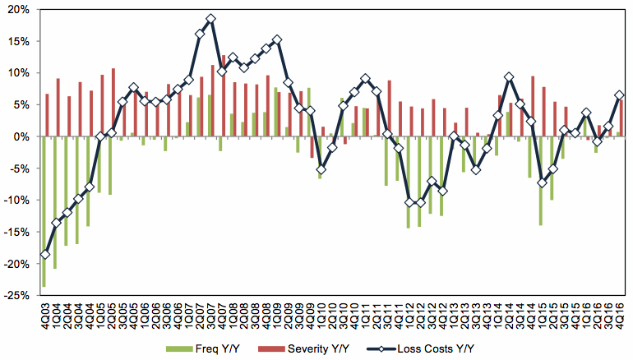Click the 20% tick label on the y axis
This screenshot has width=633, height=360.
(x=18, y=10)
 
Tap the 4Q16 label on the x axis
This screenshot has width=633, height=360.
(x=619, y=316)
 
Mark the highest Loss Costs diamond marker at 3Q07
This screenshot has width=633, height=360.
(x=210, y=19)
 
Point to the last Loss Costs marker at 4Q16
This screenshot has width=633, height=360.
(x=619, y=95)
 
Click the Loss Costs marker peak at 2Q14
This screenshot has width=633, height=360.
(x=509, y=77)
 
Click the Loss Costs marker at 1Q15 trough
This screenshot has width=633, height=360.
(x=542, y=182)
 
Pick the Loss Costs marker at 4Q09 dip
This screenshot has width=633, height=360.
(x=321, y=169)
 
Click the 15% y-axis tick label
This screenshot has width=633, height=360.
(x=18, y=41)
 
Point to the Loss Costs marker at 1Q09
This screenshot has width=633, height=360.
(x=288, y=82)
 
